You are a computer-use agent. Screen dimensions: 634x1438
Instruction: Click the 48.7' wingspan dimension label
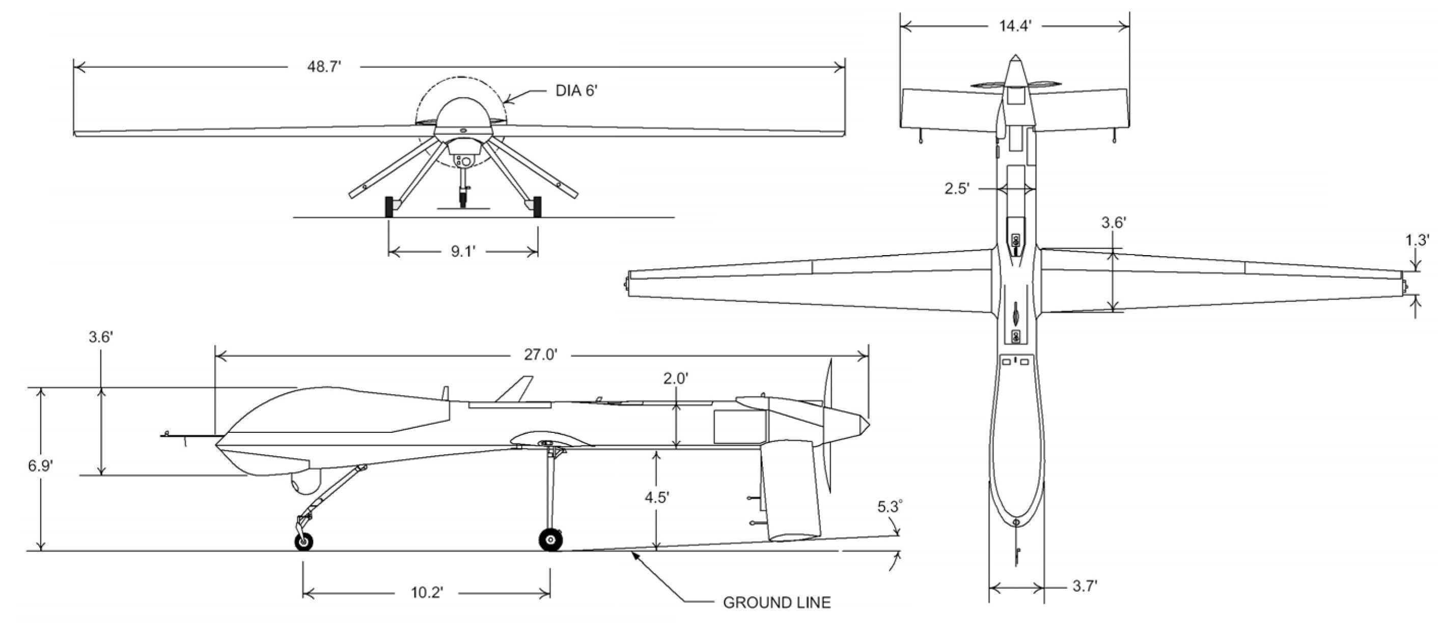324,66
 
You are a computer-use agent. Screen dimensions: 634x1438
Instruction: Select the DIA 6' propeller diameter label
576,91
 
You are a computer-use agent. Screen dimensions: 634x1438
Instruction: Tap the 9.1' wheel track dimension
463,251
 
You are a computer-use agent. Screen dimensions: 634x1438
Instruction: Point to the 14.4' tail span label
1015,25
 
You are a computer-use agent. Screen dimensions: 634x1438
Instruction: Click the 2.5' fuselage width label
956,188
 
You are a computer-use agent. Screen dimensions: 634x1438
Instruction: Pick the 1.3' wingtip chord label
1417,240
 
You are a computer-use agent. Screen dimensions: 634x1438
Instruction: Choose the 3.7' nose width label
1085,586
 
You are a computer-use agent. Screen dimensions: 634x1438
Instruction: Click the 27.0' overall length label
540,354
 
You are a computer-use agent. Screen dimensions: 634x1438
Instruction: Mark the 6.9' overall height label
40,465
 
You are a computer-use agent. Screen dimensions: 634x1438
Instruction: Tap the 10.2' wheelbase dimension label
427,592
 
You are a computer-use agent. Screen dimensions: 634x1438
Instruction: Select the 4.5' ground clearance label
657,497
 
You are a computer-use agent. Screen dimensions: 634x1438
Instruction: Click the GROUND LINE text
777,602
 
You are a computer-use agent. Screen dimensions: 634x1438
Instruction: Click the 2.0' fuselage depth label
675,378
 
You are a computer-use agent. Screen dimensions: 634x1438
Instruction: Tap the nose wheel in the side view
303,541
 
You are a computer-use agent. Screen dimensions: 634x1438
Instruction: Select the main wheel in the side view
550,540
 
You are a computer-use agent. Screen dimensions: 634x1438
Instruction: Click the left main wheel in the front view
389,207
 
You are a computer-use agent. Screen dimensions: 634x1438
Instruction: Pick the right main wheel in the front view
537,207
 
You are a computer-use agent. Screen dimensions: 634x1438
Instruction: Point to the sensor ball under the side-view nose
306,483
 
